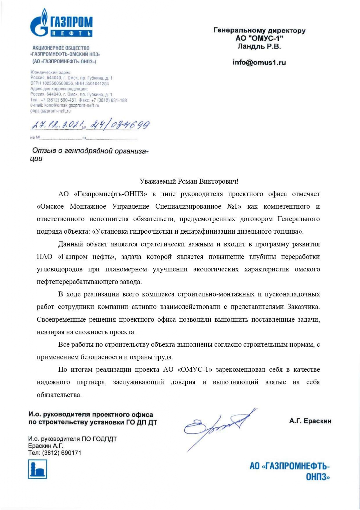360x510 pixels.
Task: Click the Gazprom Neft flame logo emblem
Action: coord(40,23)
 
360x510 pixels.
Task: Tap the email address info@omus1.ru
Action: coord(259,62)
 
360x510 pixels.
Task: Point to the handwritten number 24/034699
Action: coord(120,125)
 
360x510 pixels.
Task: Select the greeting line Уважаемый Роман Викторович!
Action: coord(189,182)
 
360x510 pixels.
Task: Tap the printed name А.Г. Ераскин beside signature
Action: coord(310,421)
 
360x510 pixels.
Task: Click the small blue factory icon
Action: coord(37,469)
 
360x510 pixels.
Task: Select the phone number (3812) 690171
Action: coord(62,453)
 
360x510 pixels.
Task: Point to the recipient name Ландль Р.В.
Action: coord(259,46)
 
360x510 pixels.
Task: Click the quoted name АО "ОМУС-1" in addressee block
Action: coord(259,38)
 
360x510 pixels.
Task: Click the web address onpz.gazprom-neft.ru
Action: coord(50,111)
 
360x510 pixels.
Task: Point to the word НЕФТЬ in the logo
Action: coord(71,34)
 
